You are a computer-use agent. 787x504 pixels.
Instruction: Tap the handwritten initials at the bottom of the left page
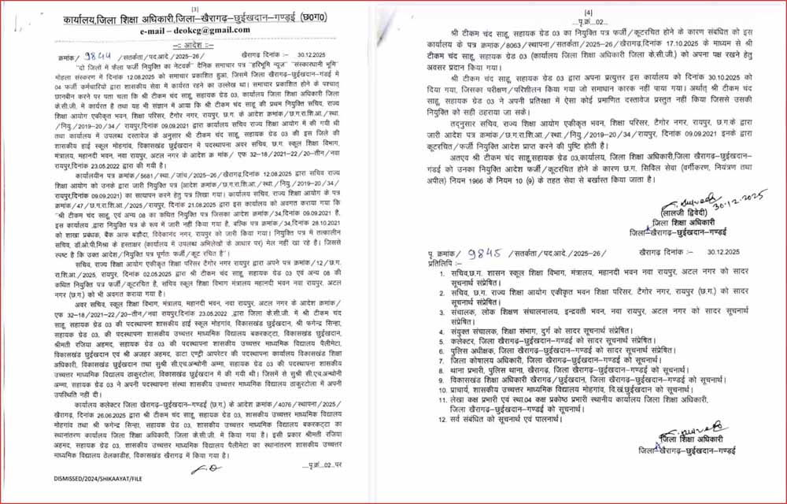click(194, 469)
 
